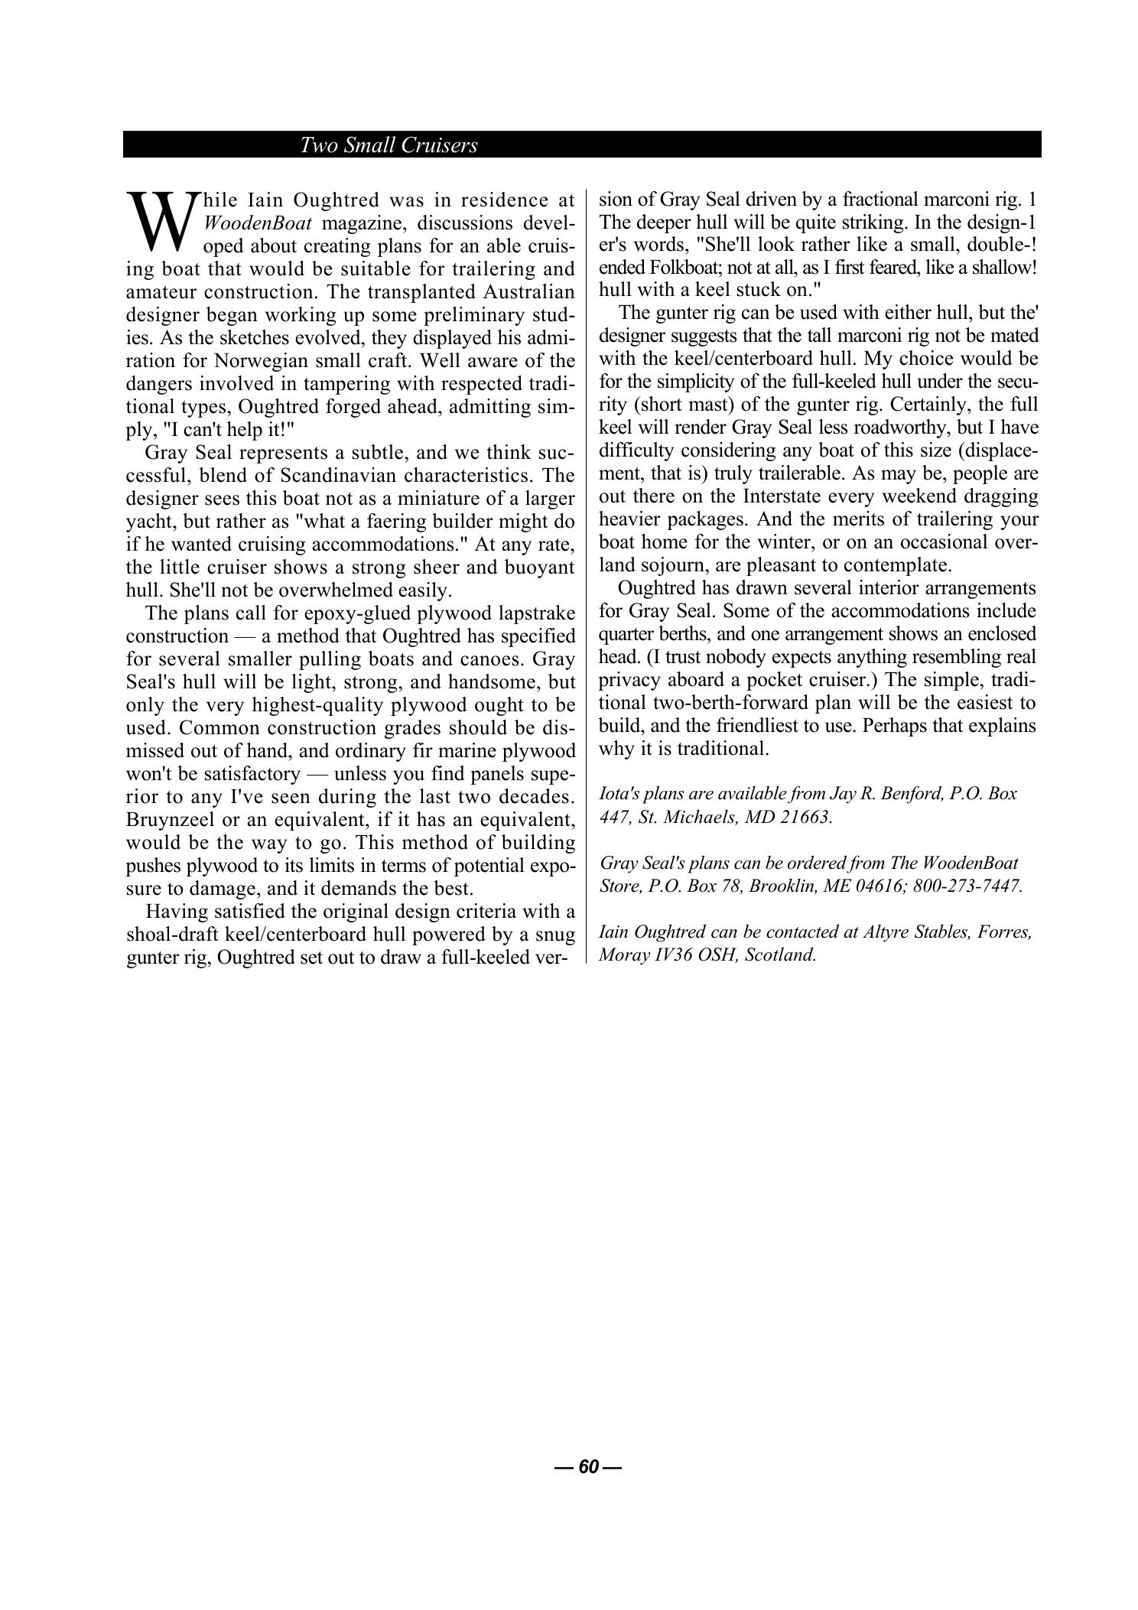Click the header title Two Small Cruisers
pos(389,145)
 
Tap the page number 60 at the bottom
pos(588,1466)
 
